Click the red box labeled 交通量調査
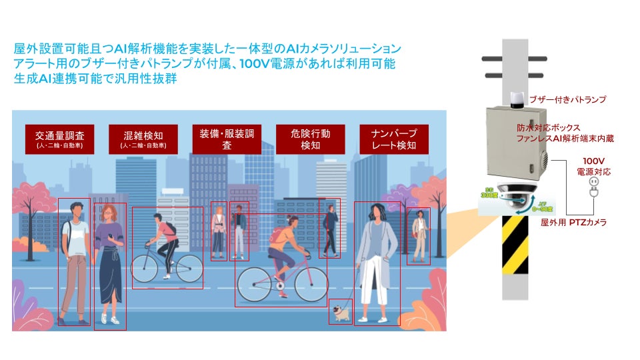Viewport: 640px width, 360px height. pos(65,139)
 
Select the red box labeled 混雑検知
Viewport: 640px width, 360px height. pos(143,139)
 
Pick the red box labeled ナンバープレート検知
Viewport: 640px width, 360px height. pos(393,139)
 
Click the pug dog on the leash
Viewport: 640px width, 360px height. pos(341,311)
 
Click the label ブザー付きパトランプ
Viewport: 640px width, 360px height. pos(567,99)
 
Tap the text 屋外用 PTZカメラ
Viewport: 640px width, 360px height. pos(573,222)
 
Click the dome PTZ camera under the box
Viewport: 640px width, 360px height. pos(517,195)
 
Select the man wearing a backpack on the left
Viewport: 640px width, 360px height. pos(75,260)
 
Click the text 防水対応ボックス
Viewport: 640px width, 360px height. pos(548,127)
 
